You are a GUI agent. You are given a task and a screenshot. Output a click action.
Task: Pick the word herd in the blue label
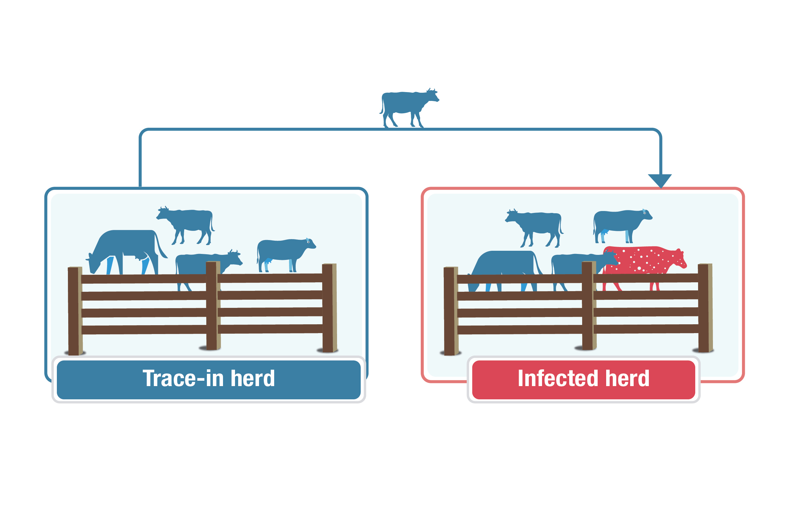tap(252, 379)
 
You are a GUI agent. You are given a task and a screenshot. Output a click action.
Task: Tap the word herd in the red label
tap(627, 379)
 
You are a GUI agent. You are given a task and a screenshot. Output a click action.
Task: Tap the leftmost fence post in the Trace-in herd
tap(75, 311)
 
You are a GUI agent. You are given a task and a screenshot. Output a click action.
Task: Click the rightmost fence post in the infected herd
tap(705, 308)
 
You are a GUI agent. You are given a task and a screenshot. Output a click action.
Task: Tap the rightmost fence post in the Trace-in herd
tap(329, 308)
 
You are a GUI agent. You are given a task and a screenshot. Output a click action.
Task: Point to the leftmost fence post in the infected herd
tap(451, 311)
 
